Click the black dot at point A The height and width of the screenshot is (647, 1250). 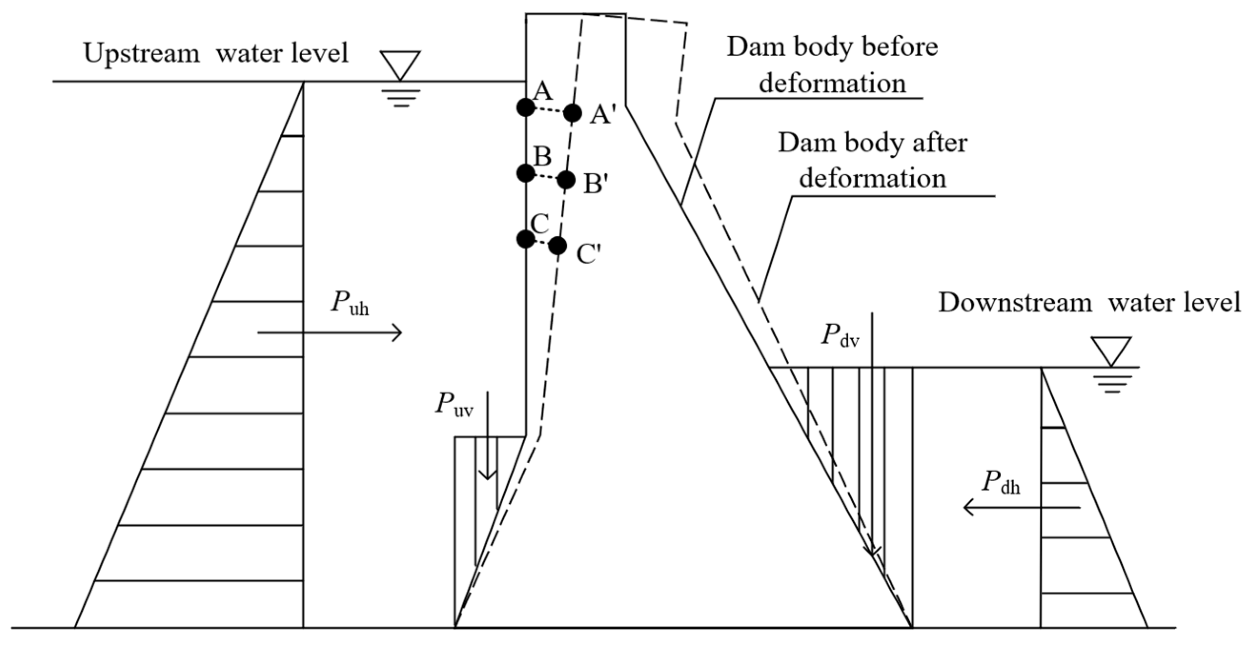[x=526, y=107]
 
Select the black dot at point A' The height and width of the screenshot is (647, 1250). [x=573, y=113]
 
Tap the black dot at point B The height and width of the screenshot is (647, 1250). [x=526, y=173]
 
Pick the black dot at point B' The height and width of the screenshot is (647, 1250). [x=566, y=181]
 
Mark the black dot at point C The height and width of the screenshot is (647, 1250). [x=525, y=239]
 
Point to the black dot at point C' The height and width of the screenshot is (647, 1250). [x=558, y=246]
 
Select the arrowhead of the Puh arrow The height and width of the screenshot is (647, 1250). [x=398, y=333]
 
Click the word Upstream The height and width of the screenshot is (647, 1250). [x=142, y=53]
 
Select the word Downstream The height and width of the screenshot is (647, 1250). [x=1015, y=303]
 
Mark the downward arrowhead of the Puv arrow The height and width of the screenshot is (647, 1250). [x=487, y=475]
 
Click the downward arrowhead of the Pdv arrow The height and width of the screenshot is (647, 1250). [x=872, y=552]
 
